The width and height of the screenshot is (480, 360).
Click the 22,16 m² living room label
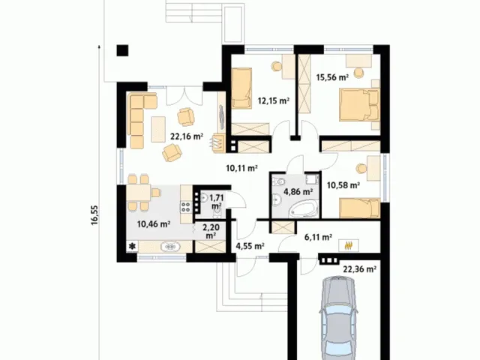(187, 136)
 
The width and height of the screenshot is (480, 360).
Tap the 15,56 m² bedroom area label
(332, 77)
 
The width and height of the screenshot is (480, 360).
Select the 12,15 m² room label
(274, 100)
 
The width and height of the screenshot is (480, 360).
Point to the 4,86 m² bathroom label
(298, 192)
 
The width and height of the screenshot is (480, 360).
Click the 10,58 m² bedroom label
(343, 185)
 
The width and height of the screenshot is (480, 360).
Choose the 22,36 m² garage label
(359, 269)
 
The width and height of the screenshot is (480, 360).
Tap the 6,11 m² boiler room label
(318, 237)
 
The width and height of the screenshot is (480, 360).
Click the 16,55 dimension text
(94, 215)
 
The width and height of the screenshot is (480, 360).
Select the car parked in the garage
(338, 318)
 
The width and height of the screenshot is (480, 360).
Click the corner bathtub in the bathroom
(303, 208)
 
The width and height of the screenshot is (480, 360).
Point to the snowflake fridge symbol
(132, 247)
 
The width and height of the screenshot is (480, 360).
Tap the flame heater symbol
(348, 245)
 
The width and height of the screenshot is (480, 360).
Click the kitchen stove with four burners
(186, 207)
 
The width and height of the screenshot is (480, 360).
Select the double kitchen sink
(170, 247)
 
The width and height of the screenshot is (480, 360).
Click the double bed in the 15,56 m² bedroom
(359, 104)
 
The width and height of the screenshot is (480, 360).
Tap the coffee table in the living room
(158, 129)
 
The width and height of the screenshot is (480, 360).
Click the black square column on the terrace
(122, 50)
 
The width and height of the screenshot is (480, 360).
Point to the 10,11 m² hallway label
(241, 168)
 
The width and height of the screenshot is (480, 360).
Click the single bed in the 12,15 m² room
(241, 88)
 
